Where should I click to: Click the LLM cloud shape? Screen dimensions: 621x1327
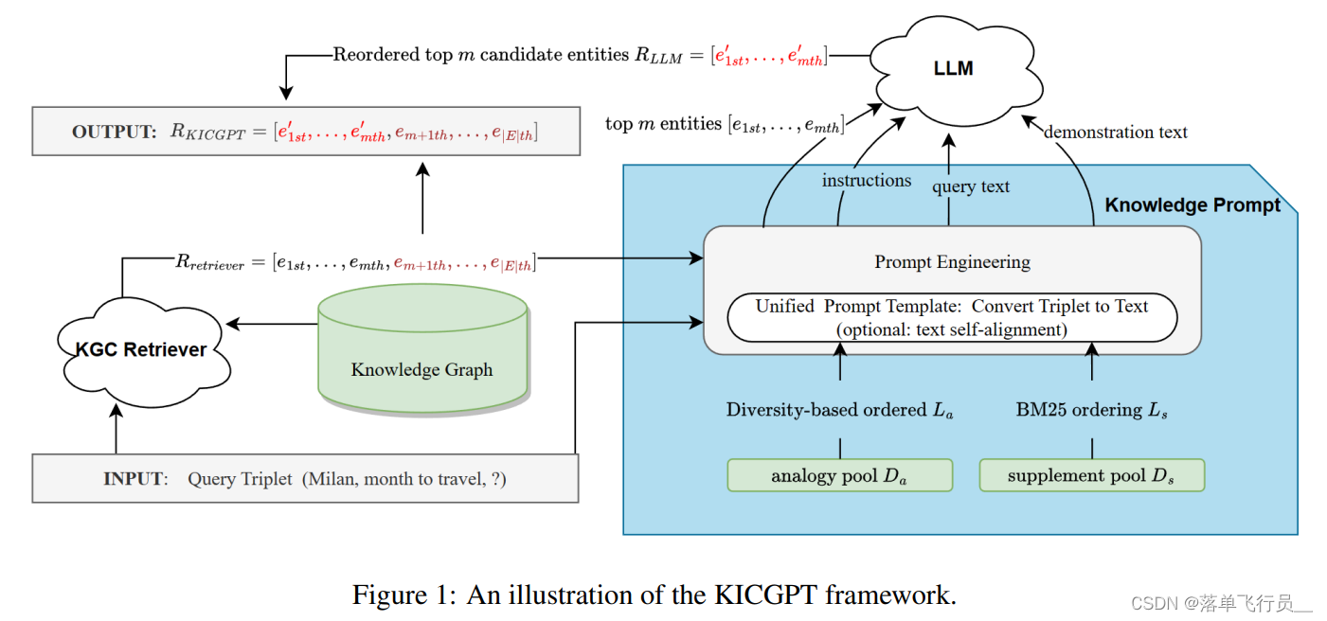pyautogui.click(x=952, y=69)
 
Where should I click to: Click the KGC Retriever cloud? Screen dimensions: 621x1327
pyautogui.click(x=140, y=349)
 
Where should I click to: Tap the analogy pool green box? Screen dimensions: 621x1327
pyautogui.click(x=839, y=475)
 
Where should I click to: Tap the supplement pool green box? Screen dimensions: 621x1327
pyautogui.click(x=1091, y=475)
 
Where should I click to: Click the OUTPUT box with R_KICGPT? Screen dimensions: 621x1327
pyautogui.click(x=305, y=132)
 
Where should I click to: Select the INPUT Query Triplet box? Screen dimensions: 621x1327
pyautogui.click(x=305, y=478)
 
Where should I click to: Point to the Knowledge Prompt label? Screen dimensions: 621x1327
pyautogui.click(x=1193, y=205)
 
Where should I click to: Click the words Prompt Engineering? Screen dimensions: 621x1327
pyautogui.click(x=952, y=261)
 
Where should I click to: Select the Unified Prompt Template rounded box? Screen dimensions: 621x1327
pyautogui.click(x=952, y=318)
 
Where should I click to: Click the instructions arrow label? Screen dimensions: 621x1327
pyautogui.click(x=866, y=180)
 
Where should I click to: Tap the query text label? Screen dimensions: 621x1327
pyautogui.click(x=970, y=186)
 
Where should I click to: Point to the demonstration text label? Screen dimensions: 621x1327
pyautogui.click(x=1115, y=132)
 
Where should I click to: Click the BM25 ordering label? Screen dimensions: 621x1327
pyautogui.click(x=1091, y=410)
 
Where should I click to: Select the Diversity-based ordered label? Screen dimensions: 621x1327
pyautogui.click(x=839, y=410)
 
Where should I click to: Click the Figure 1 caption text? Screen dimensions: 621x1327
pyautogui.click(x=654, y=594)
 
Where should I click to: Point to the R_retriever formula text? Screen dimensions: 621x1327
pyautogui.click(x=355, y=262)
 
